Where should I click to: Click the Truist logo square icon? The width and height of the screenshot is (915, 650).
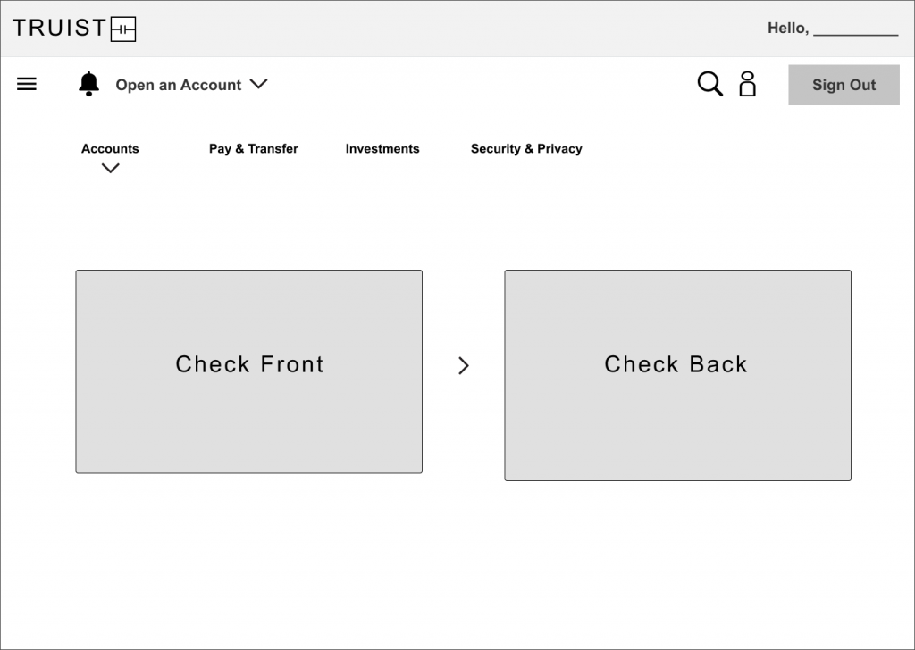click(123, 29)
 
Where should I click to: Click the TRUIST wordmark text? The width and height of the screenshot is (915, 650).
click(60, 28)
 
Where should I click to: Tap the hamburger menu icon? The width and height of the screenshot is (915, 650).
click(27, 84)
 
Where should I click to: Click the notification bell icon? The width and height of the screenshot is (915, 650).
click(88, 84)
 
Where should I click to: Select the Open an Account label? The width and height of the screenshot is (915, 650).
click(178, 85)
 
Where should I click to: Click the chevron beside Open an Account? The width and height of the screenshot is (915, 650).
click(258, 84)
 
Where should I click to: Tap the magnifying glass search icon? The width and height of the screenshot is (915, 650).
click(710, 84)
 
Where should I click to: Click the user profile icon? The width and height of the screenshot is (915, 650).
click(748, 84)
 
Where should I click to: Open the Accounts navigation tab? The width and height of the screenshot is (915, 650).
click(110, 148)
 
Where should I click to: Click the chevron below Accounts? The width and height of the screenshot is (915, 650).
click(110, 169)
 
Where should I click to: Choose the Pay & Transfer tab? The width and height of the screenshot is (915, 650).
click(253, 148)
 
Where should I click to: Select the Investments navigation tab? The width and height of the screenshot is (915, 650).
click(382, 148)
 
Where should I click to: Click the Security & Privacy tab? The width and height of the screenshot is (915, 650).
click(526, 148)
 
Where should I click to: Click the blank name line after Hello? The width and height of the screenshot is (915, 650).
click(855, 35)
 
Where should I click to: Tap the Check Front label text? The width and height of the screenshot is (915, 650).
click(250, 364)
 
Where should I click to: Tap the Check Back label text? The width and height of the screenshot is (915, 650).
click(676, 364)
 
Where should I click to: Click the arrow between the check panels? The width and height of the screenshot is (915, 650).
click(464, 365)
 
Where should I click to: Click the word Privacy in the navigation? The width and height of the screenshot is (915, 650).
click(559, 149)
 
